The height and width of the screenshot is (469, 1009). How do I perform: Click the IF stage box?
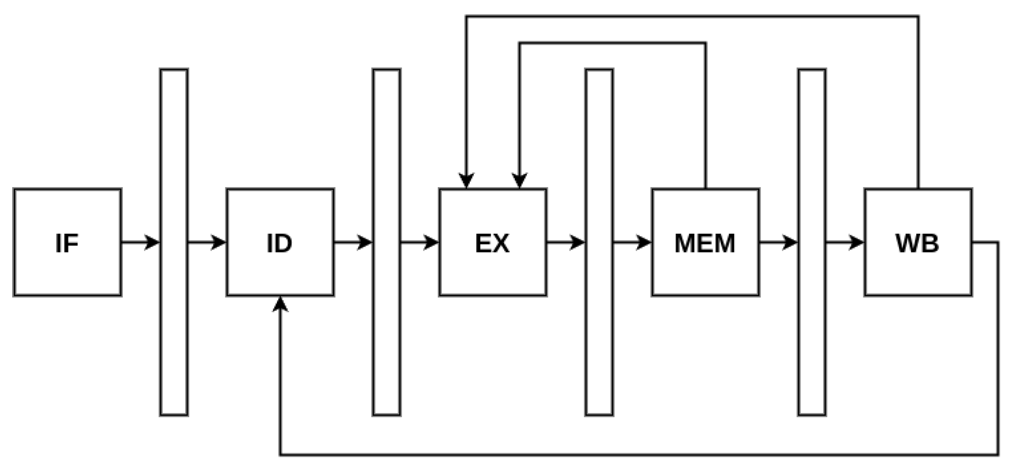pos(67,242)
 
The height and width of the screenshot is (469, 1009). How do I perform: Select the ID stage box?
pos(280,242)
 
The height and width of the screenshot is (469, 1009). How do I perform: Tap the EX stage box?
pos(493,242)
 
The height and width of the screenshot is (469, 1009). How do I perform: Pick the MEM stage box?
pos(705,242)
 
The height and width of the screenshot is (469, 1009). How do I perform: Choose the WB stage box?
pos(918,242)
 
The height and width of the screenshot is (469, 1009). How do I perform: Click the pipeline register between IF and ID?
pos(174,242)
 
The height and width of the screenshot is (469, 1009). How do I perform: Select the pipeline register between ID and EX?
pos(387,242)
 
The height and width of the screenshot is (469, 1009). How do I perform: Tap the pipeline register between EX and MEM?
pos(599,242)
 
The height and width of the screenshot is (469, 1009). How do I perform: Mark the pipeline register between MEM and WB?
pos(812,242)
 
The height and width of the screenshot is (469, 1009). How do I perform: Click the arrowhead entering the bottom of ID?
pos(280,304)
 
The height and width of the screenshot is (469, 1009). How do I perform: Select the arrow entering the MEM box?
pos(633,242)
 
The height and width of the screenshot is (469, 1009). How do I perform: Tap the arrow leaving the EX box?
pos(566,242)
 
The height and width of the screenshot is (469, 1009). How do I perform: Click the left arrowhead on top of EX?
pos(466,181)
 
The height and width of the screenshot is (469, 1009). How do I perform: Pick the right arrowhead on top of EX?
pos(519,181)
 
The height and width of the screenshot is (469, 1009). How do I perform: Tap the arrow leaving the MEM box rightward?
pos(779,242)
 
